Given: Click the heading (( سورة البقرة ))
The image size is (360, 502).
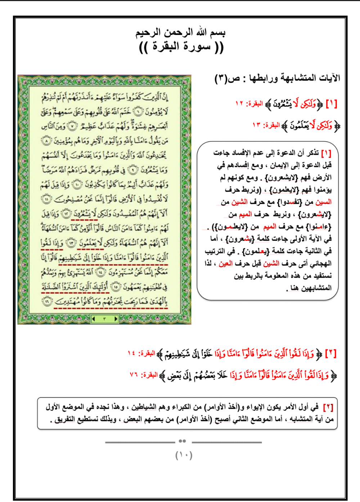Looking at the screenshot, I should point(181,47).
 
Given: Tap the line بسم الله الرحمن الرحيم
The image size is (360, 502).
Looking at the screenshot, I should point(180,33).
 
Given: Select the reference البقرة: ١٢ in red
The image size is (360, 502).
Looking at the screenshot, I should point(249,104).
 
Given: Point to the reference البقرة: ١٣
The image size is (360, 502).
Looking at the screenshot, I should point(266,125).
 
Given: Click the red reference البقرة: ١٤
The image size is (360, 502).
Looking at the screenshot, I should point(141,353).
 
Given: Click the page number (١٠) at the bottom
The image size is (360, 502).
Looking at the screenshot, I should point(184,455).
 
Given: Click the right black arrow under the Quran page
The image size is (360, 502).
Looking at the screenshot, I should point(116,319).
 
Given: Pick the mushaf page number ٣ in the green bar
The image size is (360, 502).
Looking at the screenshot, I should point(105,319).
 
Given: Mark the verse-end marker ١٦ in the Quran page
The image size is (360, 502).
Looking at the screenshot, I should point(47,301).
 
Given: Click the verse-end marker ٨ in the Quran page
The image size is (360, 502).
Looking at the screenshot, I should point(47,141).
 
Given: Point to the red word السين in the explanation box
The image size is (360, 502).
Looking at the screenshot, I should point(323,202).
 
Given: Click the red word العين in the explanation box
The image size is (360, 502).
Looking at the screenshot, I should point(225,263).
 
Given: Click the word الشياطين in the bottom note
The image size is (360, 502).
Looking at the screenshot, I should point(144,407).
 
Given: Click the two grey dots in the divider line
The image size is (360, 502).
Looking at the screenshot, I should point(183,441).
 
